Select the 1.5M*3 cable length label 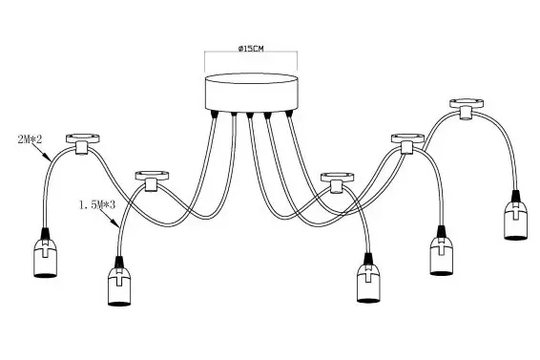pos(96,204)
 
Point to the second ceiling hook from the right pos(407,141)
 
